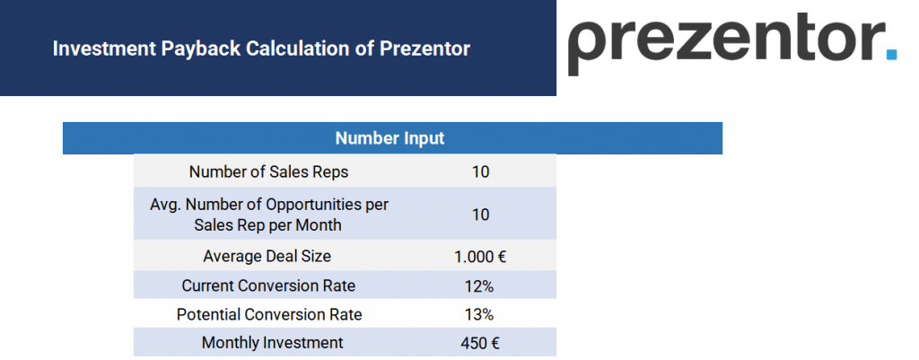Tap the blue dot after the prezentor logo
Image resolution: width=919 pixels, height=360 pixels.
[890, 54]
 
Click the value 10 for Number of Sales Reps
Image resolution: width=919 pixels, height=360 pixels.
[480, 171]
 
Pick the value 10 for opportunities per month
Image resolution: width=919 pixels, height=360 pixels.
[480, 215]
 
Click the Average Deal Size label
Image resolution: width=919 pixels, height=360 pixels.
[267, 256]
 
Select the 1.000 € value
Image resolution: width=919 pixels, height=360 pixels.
[480, 256]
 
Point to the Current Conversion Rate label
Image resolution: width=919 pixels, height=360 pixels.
[268, 285]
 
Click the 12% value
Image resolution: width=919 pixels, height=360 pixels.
[480, 285]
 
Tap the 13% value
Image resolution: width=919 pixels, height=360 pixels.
[480, 314]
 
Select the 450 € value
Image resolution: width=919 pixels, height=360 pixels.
[480, 342]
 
